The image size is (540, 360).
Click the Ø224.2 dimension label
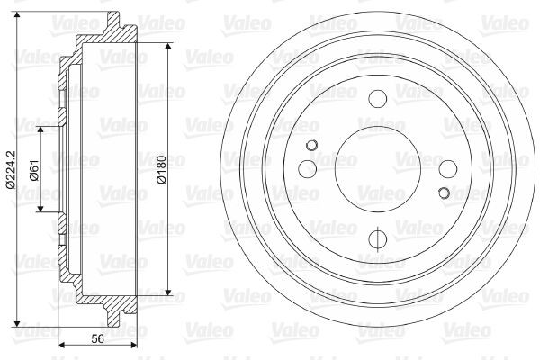pos(11,169)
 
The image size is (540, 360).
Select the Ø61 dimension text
pos(34,170)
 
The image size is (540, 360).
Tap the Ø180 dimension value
pos(161,169)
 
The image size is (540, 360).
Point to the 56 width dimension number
pos(98,338)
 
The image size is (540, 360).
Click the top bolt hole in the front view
pos(377,98)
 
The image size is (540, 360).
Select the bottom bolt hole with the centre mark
pos(378,238)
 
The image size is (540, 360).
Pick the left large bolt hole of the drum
pos(308,169)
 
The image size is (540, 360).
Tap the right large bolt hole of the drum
pos(448,169)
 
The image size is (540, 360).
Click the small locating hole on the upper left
pos(311,146)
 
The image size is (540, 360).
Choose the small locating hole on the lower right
pos(445,193)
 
